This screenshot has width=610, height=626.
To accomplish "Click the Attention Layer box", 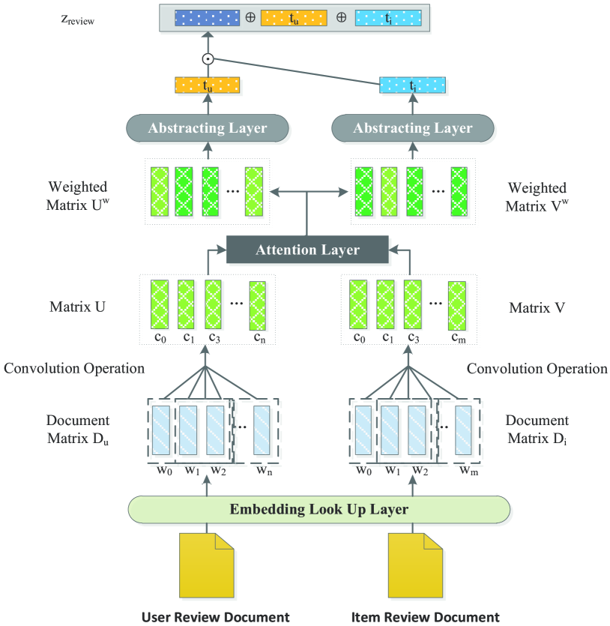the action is pyautogui.click(x=307, y=250).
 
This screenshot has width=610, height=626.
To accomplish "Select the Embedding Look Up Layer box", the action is pyautogui.click(x=318, y=510).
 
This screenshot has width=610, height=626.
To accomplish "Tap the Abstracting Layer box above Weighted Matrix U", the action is pyautogui.click(x=208, y=128).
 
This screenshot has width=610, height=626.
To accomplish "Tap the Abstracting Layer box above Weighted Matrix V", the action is pyautogui.click(x=413, y=128).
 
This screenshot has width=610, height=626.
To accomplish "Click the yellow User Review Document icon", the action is pyautogui.click(x=206, y=565).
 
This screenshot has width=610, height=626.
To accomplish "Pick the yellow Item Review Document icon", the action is pyautogui.click(x=415, y=565).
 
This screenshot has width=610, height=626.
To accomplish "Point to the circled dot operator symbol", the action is pyautogui.click(x=208, y=59).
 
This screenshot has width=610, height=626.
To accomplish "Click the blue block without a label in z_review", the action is pyautogui.click(x=207, y=18).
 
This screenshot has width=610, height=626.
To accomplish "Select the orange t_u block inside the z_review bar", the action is pyautogui.click(x=294, y=18).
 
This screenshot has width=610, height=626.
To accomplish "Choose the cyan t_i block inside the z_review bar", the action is pyautogui.click(x=388, y=18).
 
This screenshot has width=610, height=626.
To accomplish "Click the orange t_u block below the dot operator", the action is pyautogui.click(x=208, y=85).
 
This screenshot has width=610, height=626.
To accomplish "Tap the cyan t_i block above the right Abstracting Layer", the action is pyautogui.click(x=412, y=85).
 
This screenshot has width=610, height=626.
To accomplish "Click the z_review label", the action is pyautogui.click(x=77, y=20).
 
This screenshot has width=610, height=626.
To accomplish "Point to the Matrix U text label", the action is pyautogui.click(x=77, y=307).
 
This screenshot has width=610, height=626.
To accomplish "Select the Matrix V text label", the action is pyautogui.click(x=537, y=307).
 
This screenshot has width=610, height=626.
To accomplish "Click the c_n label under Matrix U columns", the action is pyautogui.click(x=260, y=338).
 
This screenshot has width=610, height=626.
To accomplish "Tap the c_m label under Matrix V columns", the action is pyautogui.click(x=459, y=338).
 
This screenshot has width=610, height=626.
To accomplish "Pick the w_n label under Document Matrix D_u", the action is pyautogui.click(x=264, y=470).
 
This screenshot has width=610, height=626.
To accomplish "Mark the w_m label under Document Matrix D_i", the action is pyautogui.click(x=469, y=470).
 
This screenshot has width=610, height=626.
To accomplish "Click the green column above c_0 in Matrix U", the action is pyautogui.click(x=160, y=304).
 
